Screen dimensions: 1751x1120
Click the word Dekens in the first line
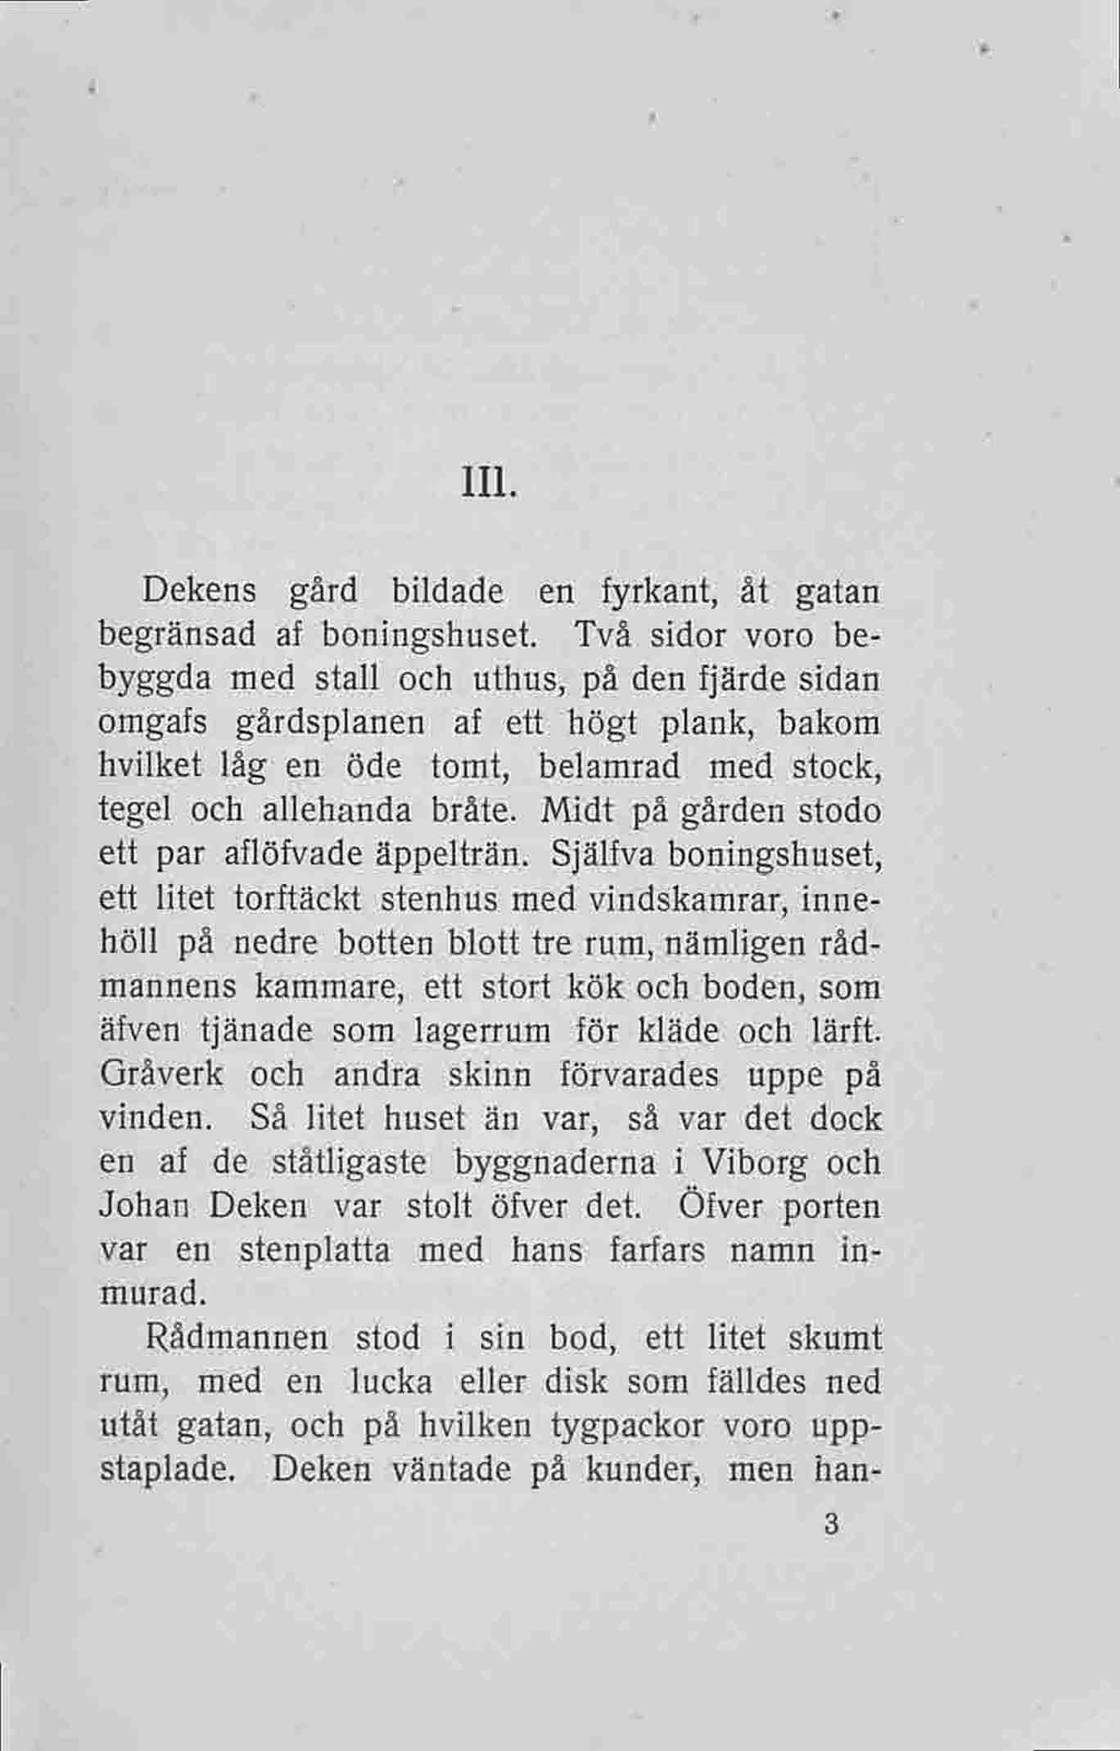tap(201, 591)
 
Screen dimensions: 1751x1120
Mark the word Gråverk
tap(161, 1075)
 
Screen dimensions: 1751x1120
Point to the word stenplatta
tap(314, 1251)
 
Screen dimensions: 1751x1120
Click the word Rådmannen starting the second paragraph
tap(237, 1339)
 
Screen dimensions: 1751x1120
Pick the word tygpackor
tap(627, 1427)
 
